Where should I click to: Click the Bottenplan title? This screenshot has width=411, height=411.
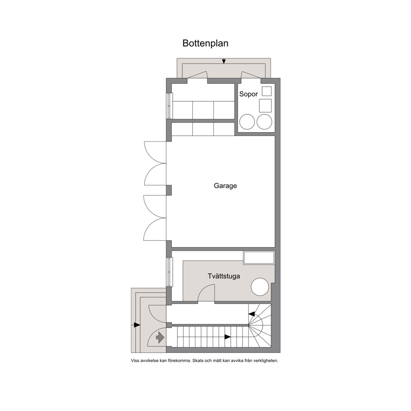click(x=205, y=43)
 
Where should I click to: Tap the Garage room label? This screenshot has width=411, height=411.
click(x=225, y=186)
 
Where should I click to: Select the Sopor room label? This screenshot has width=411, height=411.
click(x=249, y=94)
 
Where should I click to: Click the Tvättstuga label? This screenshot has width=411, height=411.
click(x=224, y=276)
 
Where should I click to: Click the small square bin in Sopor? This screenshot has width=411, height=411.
click(x=267, y=91)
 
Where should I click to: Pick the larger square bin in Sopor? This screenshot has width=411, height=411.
click(x=265, y=106)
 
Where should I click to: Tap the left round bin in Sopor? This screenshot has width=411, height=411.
click(x=247, y=122)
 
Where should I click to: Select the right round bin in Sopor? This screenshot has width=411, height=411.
click(x=264, y=122)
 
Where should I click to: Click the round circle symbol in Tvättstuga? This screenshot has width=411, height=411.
click(x=260, y=287)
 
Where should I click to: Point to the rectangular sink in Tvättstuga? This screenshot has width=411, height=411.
click(x=259, y=258)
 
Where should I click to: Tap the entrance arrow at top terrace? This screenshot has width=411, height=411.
click(x=224, y=61)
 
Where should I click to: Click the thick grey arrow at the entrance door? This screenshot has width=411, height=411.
click(x=160, y=337)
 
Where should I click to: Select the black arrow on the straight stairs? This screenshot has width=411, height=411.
click(x=227, y=337)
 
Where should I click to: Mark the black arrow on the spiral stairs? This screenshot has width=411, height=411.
click(x=252, y=314)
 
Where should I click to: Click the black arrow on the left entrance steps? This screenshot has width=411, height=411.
click(x=137, y=325)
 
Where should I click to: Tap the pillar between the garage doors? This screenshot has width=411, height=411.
click(x=169, y=190)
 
